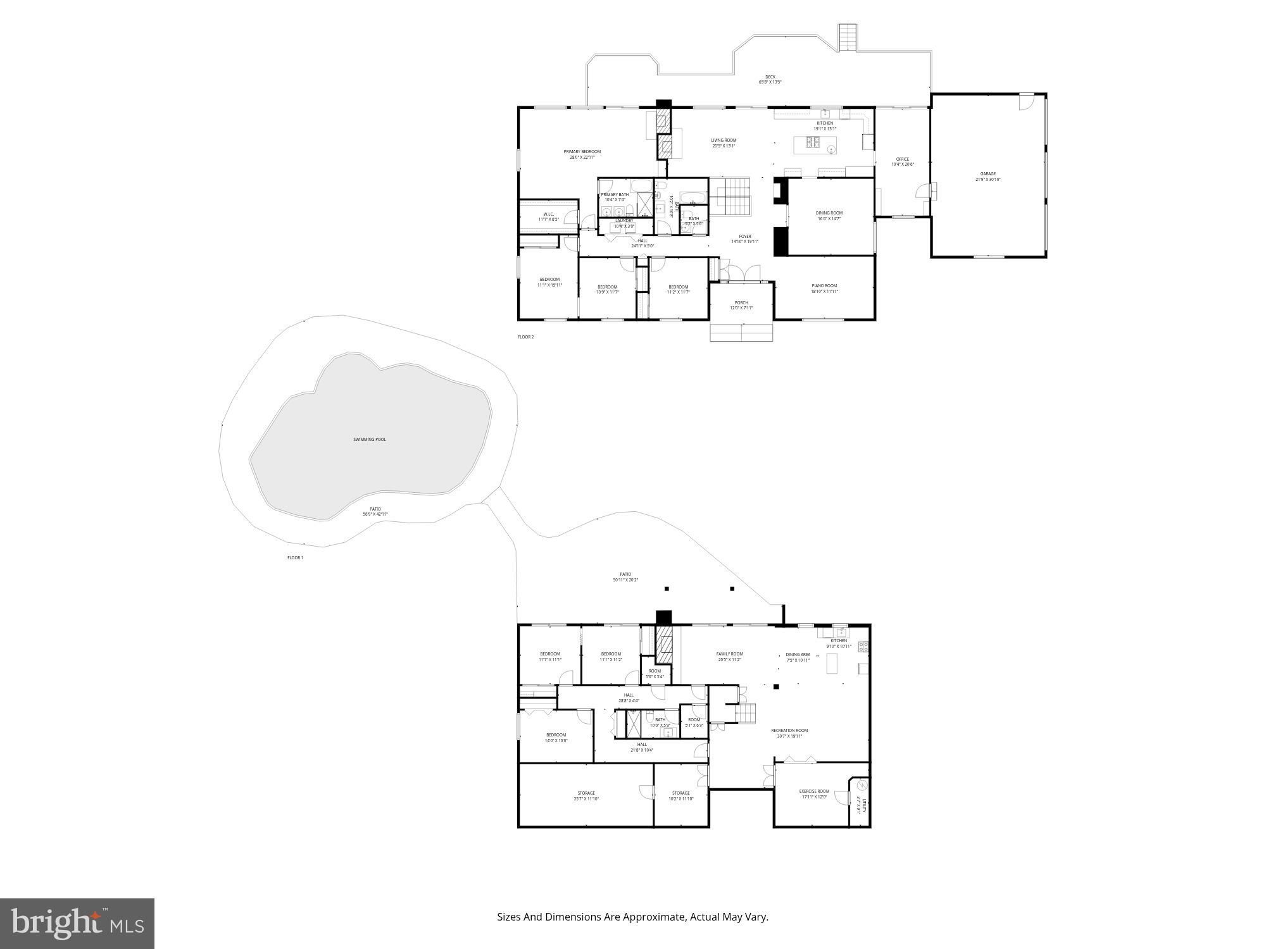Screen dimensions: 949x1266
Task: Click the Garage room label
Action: (988, 174)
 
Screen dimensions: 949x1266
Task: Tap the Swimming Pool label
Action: (370, 439)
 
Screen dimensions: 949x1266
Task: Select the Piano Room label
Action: (824, 286)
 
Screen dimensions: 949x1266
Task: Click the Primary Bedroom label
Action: (582, 152)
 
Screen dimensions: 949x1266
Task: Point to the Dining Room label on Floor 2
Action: (829, 213)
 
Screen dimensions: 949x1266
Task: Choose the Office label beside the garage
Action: (903, 159)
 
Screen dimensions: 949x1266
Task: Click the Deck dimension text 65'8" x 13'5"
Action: (770, 82)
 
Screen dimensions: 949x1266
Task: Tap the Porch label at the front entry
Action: (741, 303)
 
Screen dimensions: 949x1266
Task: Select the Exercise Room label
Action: (814, 791)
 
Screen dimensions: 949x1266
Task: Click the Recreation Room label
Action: (789, 730)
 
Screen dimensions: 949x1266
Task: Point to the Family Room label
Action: (730, 654)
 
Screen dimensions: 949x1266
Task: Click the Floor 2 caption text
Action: (526, 337)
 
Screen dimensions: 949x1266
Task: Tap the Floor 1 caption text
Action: (296, 558)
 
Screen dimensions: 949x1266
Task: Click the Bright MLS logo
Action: (77, 924)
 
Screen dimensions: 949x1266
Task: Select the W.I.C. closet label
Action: (548, 214)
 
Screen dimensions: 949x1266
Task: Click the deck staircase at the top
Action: (848, 37)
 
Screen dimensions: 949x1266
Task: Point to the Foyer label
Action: (745, 237)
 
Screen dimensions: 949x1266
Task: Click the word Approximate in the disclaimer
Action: (654, 917)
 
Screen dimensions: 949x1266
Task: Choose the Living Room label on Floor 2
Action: (724, 140)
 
